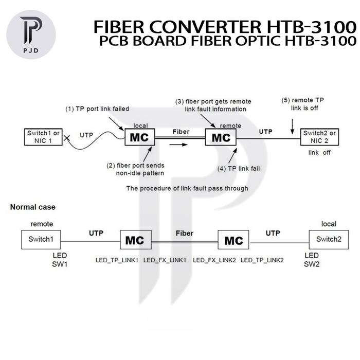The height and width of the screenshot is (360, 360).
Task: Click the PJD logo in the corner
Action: tap(31, 34)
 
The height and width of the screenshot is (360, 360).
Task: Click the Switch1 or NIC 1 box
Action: tap(43, 137)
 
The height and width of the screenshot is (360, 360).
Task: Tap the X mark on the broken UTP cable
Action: tap(67, 138)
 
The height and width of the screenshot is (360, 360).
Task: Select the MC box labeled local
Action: tap(139, 137)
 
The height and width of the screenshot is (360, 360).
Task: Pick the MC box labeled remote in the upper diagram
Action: tap(221, 137)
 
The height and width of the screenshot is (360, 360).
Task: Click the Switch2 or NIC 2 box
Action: tap(319, 137)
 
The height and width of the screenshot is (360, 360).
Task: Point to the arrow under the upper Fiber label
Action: tap(178, 145)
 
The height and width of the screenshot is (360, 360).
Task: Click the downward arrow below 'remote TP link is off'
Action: tap(292, 127)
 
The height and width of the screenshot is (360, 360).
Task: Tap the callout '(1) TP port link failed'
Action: tap(97, 109)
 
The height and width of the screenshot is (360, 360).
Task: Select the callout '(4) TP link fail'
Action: tap(239, 169)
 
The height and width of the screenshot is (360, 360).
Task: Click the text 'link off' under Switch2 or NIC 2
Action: tap(319, 153)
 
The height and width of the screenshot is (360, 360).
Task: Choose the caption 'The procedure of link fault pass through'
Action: tap(187, 189)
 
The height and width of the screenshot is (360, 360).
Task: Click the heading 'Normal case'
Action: tap(33, 207)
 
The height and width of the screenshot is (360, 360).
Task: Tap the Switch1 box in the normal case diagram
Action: tap(41, 240)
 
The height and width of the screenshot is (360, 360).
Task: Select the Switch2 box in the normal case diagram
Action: tap(329, 240)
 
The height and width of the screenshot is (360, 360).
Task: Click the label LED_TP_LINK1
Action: tap(117, 260)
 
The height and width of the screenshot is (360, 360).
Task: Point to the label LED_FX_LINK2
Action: tap(214, 260)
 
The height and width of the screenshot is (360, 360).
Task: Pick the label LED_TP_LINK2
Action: tap(262, 260)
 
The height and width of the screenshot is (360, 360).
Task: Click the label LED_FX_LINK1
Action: tap(165, 260)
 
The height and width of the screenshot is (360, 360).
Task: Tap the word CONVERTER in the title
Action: tap(205, 27)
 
